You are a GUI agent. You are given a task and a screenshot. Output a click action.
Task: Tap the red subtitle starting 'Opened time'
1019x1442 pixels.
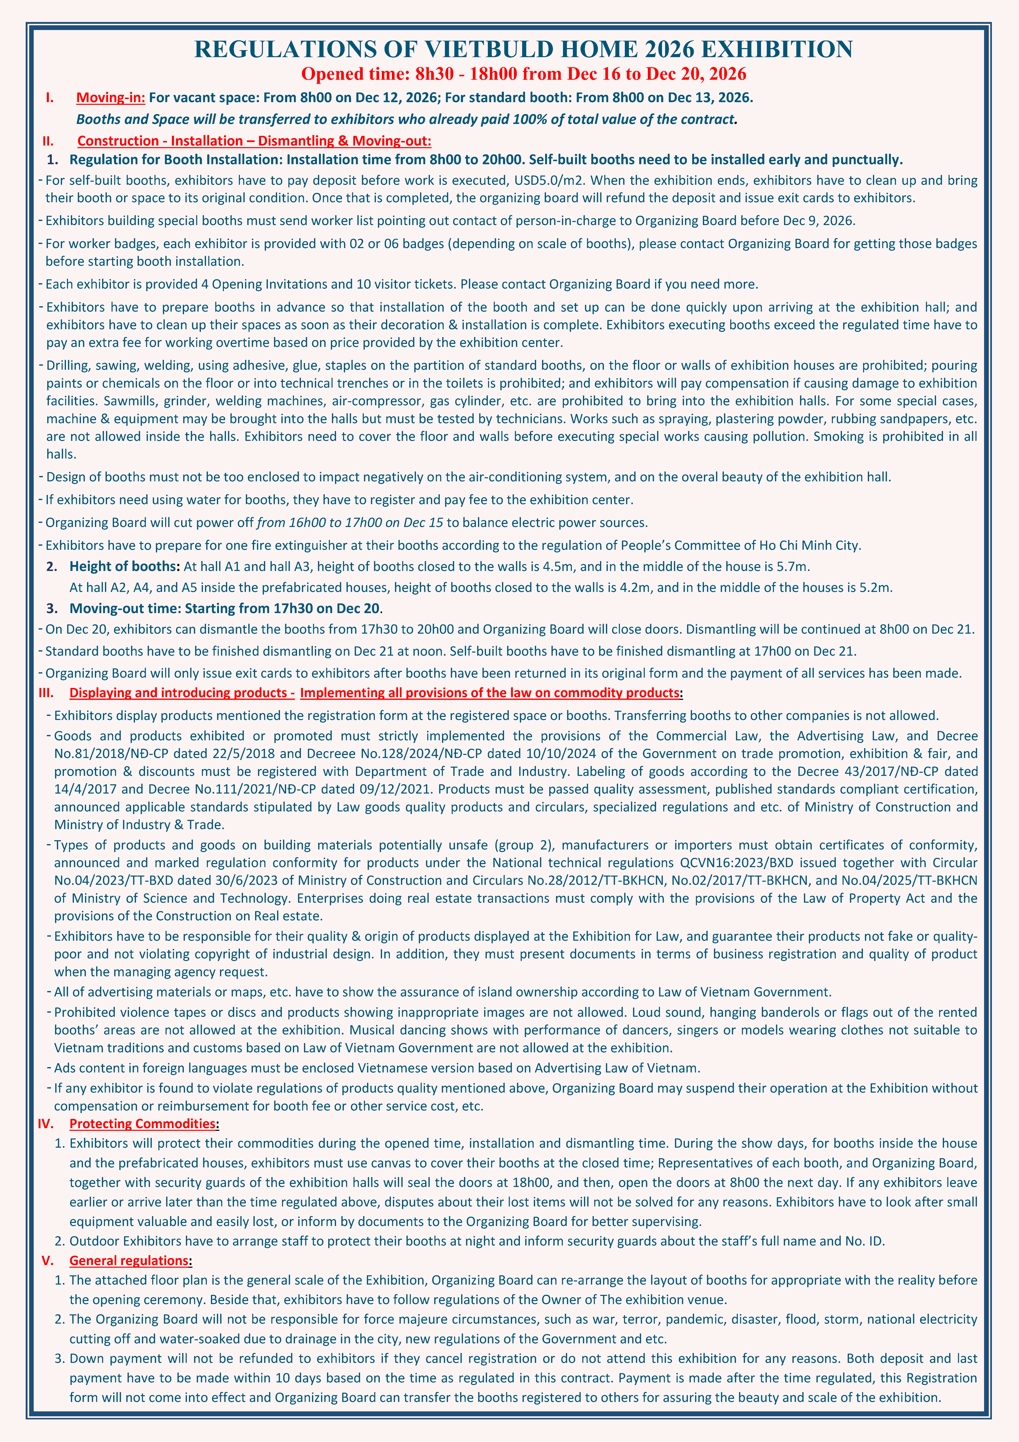[524, 74]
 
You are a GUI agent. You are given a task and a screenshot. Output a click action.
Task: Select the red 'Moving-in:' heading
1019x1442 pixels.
[111, 97]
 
